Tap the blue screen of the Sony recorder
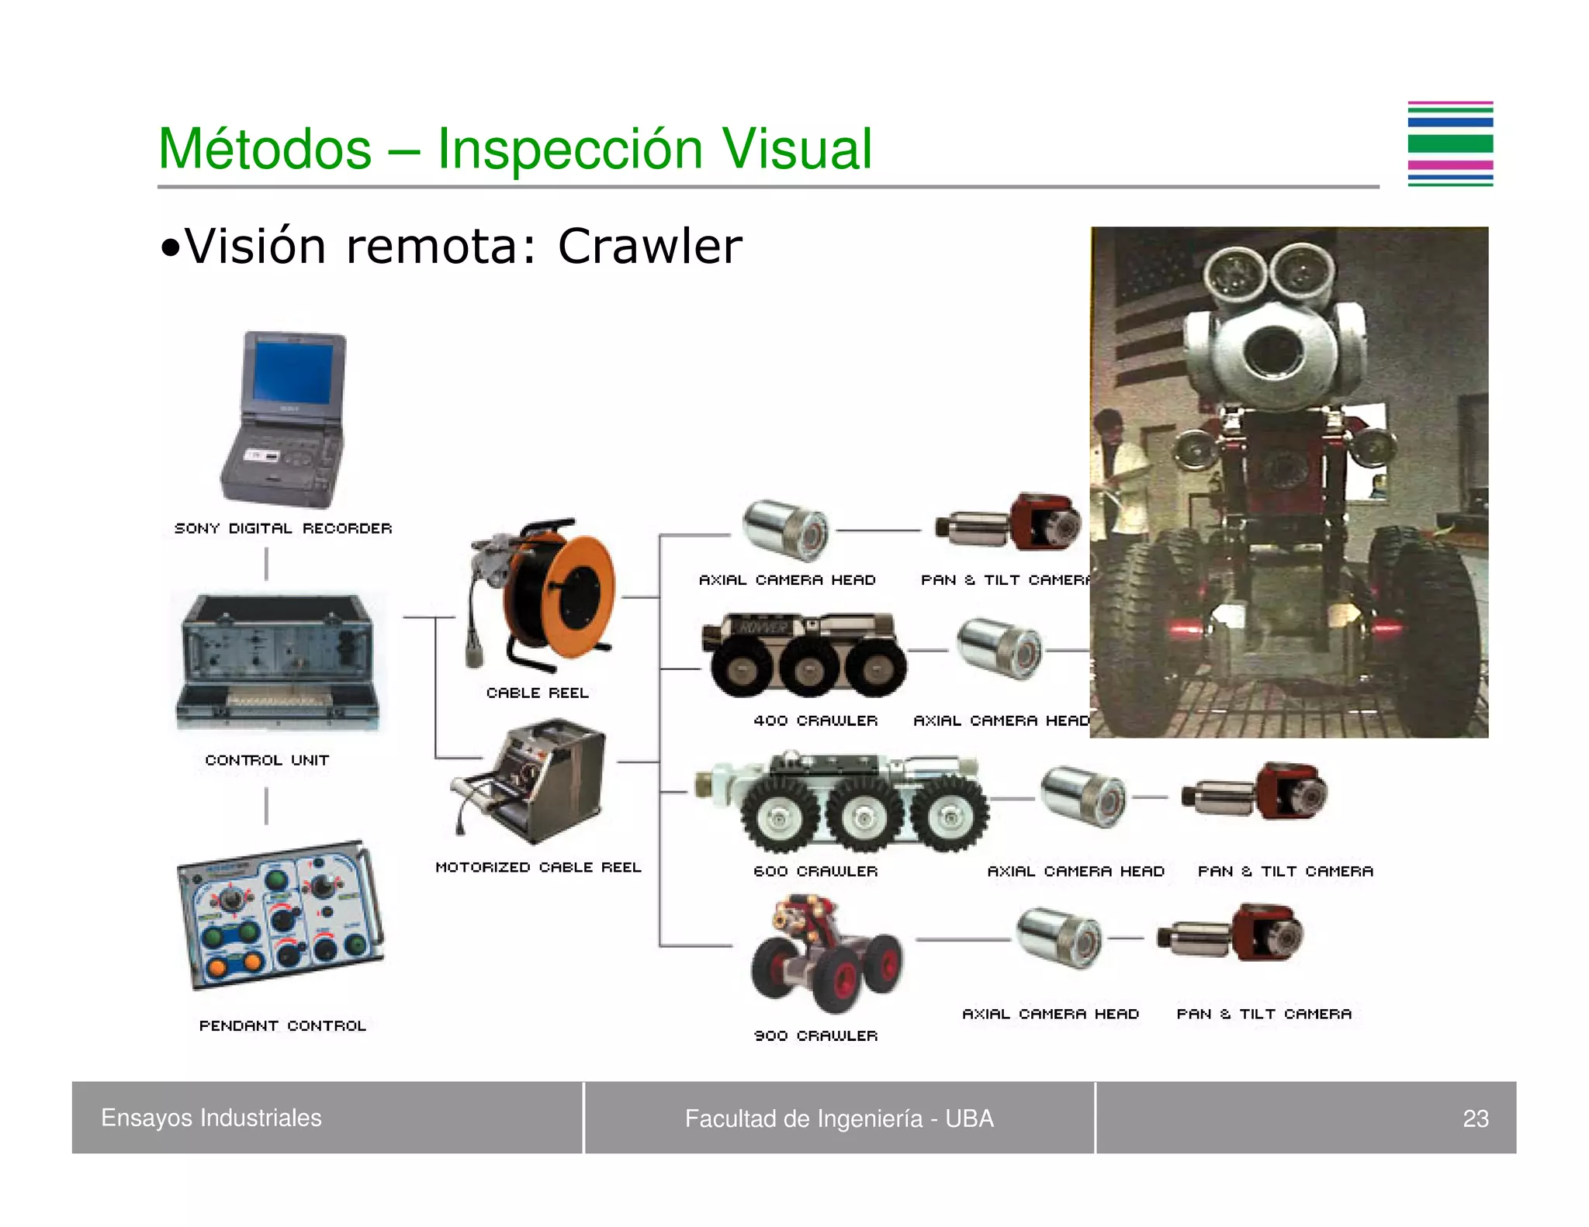tap(293, 371)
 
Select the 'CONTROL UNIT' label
tap(267, 760)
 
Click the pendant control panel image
tap(281, 915)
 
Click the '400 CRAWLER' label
tap(815, 721)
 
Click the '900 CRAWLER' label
tap(815, 1035)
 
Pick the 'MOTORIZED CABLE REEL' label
tap(538, 867)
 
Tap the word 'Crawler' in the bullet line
tap(649, 247)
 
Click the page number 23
tap(1475, 1118)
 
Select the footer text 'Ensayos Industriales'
tap(211, 1118)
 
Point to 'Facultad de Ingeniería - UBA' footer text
tap(839, 1118)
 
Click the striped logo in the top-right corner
tap(1450, 144)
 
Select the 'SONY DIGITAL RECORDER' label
tap(283, 528)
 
